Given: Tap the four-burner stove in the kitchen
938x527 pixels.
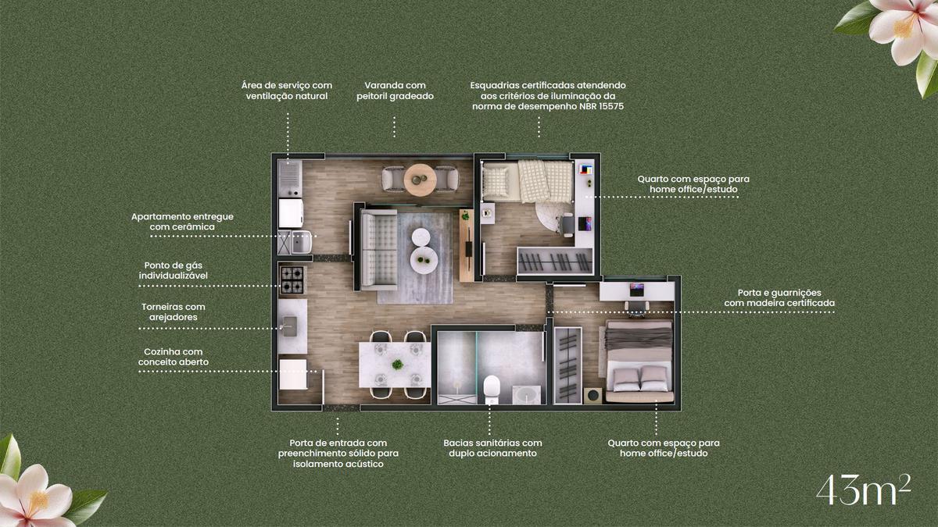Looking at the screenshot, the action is (x=292, y=280).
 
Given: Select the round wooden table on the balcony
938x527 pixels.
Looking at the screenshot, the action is (x=420, y=180).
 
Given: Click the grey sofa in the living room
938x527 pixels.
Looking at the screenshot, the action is (x=379, y=250).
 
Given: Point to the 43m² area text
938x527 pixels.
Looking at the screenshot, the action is (x=864, y=490).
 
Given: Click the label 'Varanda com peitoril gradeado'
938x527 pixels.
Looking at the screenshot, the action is (x=395, y=91).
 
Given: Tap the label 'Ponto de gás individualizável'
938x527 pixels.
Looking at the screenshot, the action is (x=174, y=270).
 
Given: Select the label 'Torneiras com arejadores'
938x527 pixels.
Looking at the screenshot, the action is (x=174, y=312).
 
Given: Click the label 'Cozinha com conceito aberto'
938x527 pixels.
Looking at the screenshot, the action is (x=174, y=357).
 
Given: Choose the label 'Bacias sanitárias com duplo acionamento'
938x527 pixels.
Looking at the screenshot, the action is (x=493, y=448).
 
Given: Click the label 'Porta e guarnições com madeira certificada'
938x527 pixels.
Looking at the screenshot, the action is (x=779, y=297).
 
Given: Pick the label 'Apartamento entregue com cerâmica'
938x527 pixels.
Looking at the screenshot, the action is (x=182, y=222).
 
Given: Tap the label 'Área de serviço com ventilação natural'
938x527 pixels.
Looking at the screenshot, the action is (x=287, y=91).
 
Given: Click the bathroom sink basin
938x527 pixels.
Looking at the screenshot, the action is (x=526, y=395).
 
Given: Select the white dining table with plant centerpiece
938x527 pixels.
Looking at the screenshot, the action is (x=395, y=365).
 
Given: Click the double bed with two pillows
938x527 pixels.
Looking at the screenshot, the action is (x=639, y=361).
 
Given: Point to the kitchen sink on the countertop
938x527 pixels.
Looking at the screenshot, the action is (x=289, y=326).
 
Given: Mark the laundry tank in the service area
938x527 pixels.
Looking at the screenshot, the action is (x=302, y=242).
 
